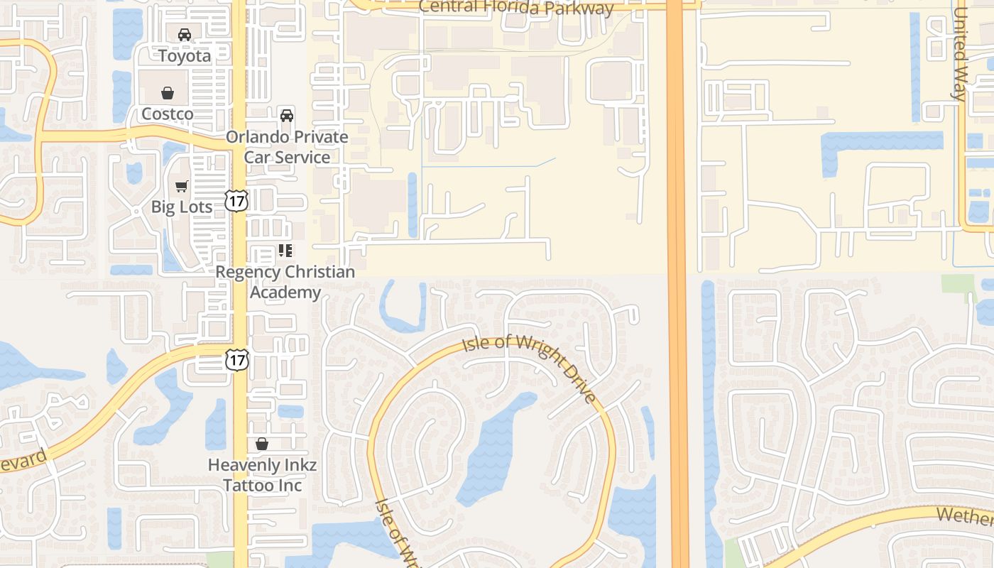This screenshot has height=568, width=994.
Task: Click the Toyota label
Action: point(185,55)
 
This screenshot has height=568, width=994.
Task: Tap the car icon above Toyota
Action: point(185,34)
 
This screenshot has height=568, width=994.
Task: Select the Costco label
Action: point(167,114)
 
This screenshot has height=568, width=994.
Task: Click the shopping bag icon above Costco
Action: point(168,93)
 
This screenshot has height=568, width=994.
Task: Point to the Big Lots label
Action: point(182,207)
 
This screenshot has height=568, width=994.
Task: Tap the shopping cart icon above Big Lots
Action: point(182,186)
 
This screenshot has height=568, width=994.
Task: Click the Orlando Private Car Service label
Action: point(287,147)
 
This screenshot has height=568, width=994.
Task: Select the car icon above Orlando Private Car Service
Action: point(287,115)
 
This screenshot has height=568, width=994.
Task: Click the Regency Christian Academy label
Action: point(285,282)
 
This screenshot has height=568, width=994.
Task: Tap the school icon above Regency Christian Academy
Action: point(285,251)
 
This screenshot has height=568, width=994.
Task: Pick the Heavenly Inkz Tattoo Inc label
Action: point(262,475)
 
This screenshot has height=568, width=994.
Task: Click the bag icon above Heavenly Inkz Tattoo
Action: point(262,444)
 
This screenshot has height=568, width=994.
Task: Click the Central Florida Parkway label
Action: point(516,7)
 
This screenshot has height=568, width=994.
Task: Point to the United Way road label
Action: point(959,54)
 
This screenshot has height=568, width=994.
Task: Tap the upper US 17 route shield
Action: point(236,201)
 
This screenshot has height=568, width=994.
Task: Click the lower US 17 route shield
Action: point(237,360)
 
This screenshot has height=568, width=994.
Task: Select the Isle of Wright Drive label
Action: point(530,368)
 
